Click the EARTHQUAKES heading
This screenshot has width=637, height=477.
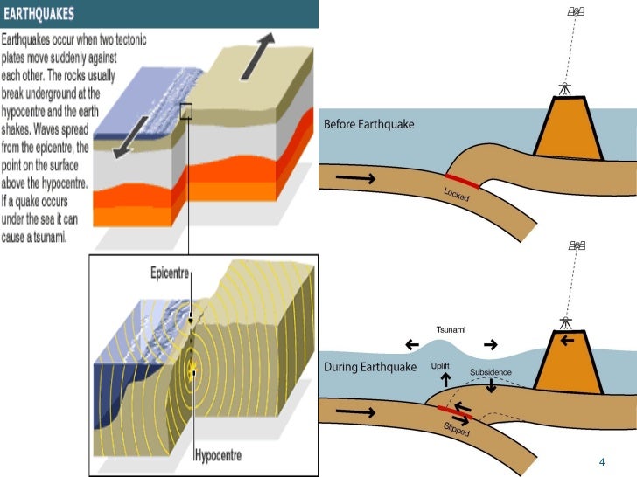point(50,14)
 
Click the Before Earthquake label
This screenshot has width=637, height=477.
point(369,124)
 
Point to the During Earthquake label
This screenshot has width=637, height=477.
point(370,367)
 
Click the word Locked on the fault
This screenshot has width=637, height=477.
point(457,195)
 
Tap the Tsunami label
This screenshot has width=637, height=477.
point(451,329)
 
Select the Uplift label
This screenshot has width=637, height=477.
point(441,364)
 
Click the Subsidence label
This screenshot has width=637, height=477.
point(490,372)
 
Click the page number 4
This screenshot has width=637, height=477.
point(602,461)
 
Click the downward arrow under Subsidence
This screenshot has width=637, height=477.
point(492,387)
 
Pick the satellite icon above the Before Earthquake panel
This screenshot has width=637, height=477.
point(576,11)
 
